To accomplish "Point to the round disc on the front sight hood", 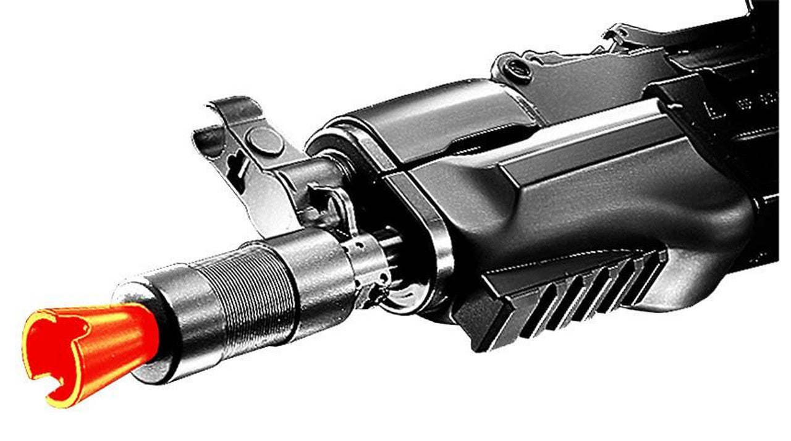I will point(264,141).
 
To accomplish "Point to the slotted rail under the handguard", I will point(575,290).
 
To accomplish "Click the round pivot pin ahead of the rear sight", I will point(518,70).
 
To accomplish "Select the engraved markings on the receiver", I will point(757,99).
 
